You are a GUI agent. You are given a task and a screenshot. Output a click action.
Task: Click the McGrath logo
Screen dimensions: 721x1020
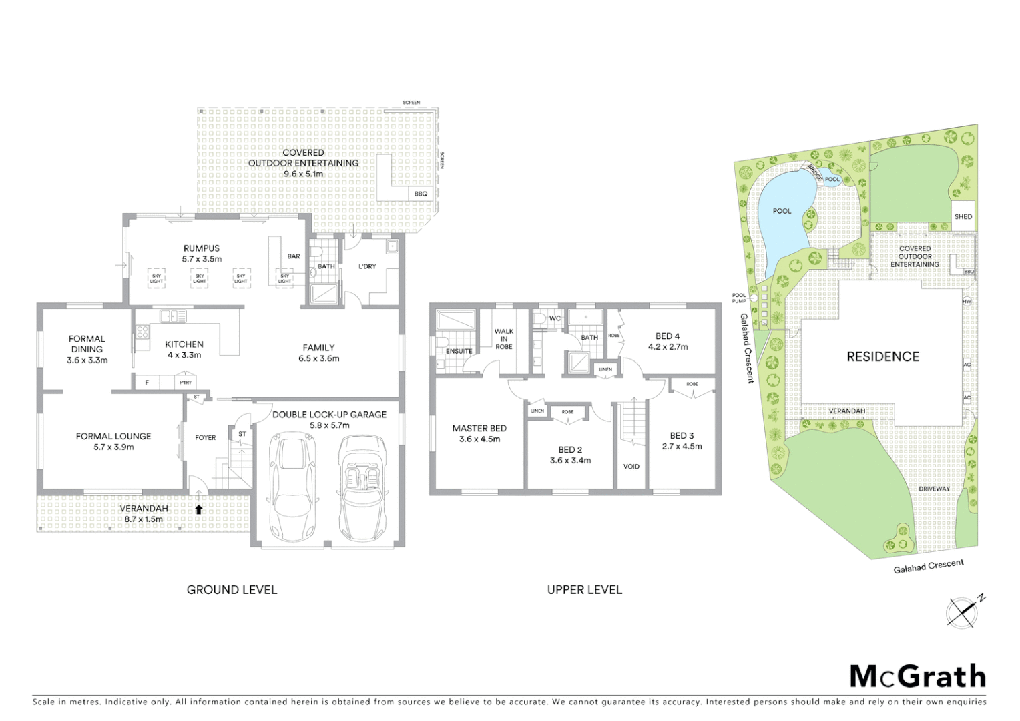click(918, 676)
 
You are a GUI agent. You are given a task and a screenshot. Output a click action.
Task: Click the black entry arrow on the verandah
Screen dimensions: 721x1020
click(198, 509)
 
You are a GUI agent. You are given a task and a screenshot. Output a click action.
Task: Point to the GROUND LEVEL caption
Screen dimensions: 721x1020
click(232, 590)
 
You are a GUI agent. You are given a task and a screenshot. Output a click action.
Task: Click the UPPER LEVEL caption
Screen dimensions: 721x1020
click(584, 590)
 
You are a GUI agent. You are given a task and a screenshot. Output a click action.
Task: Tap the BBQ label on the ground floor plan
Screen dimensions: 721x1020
click(421, 194)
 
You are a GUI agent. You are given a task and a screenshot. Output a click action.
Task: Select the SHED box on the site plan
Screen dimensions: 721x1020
click(963, 216)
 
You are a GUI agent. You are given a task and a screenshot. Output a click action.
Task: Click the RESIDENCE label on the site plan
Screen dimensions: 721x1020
click(882, 357)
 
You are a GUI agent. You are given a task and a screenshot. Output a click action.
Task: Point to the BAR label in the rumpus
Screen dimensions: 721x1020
click(294, 256)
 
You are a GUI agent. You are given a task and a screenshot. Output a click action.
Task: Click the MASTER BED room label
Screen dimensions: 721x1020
click(479, 429)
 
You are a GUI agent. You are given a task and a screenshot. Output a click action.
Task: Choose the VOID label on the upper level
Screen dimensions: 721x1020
click(631, 467)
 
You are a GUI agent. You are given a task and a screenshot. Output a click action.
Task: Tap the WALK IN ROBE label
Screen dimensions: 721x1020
click(504, 339)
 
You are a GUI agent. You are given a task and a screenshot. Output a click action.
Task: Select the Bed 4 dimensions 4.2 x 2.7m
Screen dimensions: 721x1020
click(668, 347)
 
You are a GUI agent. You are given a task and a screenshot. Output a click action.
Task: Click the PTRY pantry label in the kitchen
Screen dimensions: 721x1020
click(186, 383)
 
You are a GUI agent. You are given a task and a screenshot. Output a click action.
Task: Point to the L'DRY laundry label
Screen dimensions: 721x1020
click(367, 266)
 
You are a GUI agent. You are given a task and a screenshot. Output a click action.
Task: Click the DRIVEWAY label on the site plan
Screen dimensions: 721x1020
click(934, 489)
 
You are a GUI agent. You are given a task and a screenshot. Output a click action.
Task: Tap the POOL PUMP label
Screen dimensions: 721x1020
click(739, 298)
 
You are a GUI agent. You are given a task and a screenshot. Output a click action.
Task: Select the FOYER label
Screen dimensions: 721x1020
click(206, 438)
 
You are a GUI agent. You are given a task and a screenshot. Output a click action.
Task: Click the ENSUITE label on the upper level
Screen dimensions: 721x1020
click(459, 351)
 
